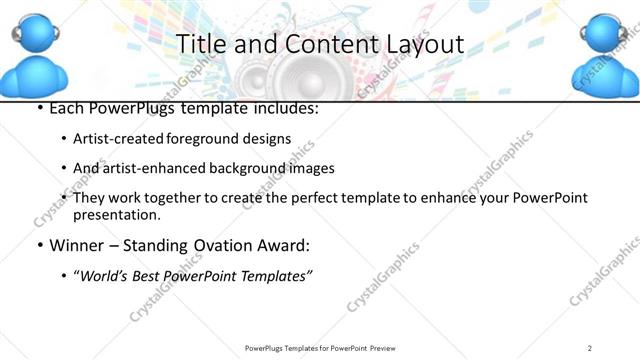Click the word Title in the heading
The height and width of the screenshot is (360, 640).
click(200, 44)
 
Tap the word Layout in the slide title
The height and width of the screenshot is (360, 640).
click(418, 44)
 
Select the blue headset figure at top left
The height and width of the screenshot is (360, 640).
click(37, 55)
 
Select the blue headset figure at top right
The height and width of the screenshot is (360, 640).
click(606, 55)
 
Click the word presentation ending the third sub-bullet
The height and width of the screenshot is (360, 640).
click(117, 215)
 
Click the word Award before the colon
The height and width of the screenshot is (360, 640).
click(286, 245)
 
